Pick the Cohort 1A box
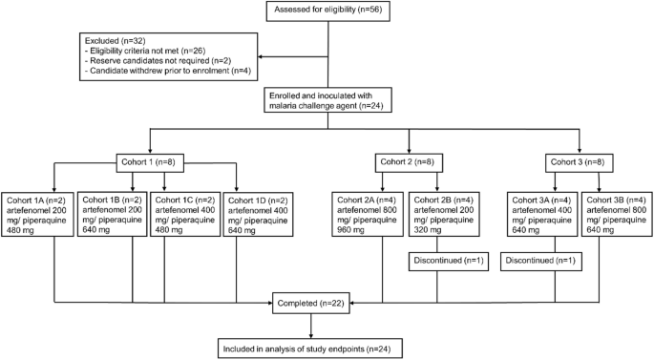[37, 216]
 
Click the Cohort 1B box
[111, 216]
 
